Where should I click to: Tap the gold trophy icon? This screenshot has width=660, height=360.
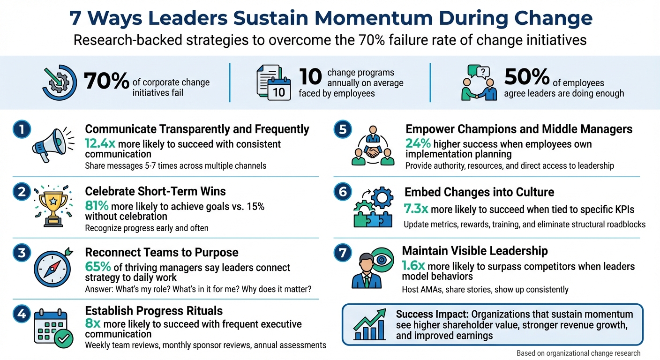52,205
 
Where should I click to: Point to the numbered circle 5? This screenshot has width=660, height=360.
343,130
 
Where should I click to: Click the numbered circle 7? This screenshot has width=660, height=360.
343,253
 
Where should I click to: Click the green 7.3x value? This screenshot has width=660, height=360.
416,209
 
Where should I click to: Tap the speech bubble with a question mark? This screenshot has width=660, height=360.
482,72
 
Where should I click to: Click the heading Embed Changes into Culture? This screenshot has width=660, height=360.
479,192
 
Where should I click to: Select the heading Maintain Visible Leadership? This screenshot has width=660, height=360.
475,251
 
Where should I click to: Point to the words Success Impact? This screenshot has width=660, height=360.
432,315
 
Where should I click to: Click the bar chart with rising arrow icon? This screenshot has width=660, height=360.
370,325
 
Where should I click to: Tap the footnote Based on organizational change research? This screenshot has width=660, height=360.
578,353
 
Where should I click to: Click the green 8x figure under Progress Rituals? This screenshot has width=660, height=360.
93,324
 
